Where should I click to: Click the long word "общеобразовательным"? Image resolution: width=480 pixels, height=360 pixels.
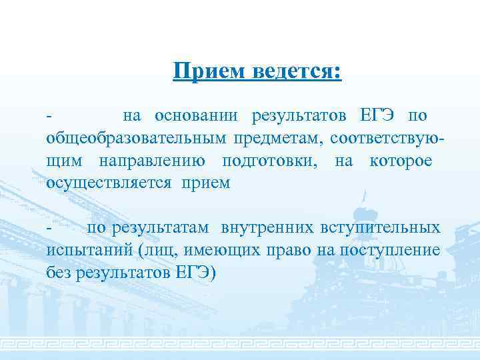(136, 139)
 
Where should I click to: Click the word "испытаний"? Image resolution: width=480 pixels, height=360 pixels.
(87, 251)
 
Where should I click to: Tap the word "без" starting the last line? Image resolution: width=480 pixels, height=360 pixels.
(59, 273)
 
